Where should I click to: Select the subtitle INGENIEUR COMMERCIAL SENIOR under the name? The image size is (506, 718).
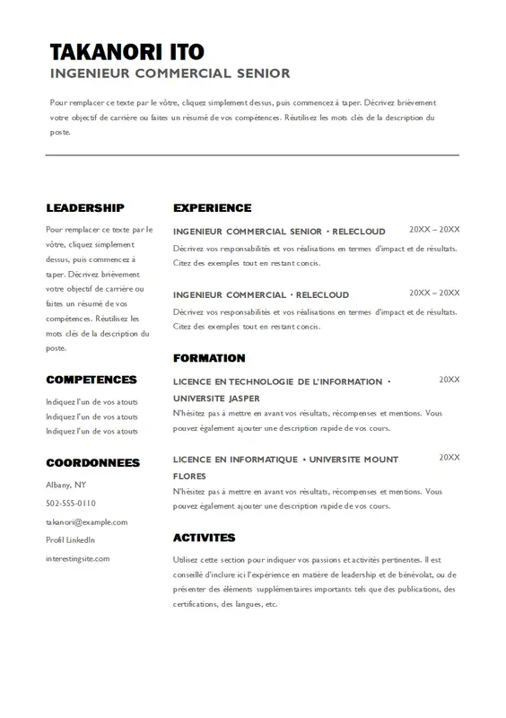(170, 74)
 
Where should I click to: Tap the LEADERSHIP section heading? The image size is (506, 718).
(85, 208)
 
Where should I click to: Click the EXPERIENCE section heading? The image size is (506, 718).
(212, 208)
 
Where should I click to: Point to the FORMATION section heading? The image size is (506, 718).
(209, 358)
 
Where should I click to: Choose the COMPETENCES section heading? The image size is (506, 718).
(92, 381)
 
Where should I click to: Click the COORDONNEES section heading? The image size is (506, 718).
(93, 463)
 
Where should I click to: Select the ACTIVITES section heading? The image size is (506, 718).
(204, 538)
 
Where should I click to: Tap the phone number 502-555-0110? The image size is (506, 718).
(71, 503)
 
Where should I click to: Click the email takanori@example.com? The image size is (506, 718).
(87, 521)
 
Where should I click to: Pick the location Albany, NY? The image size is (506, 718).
(66, 485)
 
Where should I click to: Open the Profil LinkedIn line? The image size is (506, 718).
(70, 539)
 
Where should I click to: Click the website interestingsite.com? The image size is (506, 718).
(78, 558)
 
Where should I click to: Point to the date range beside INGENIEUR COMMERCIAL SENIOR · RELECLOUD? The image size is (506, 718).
(434, 230)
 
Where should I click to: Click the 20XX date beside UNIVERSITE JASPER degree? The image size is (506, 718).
(449, 381)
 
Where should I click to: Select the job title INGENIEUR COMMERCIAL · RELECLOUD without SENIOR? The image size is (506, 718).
(261, 294)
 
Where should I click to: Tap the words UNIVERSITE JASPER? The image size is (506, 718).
(216, 398)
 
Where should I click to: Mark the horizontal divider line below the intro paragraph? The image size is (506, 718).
(252, 155)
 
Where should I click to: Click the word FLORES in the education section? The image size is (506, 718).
(189, 476)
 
